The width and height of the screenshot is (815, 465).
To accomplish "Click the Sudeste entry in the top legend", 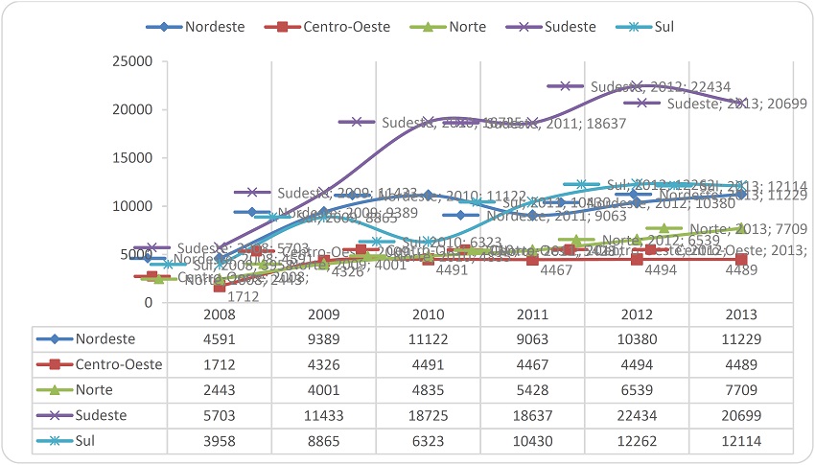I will pos(568,26).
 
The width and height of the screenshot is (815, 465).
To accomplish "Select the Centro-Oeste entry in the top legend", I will pos(346,26).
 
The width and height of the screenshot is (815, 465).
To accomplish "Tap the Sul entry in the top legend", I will pos(661,26).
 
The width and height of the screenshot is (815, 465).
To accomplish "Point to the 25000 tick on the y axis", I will pos(133,62).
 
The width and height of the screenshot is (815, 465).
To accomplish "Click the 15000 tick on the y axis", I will pos(133,158).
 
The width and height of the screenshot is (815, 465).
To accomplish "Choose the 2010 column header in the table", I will pos(428,314).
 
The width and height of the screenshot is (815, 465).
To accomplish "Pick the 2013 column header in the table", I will pos(740,314).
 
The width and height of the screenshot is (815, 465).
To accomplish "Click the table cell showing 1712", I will pos(220,365).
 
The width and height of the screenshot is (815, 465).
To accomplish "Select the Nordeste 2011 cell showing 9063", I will pos(532,338).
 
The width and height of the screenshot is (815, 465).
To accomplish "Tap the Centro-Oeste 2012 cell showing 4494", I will pos(637,365).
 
